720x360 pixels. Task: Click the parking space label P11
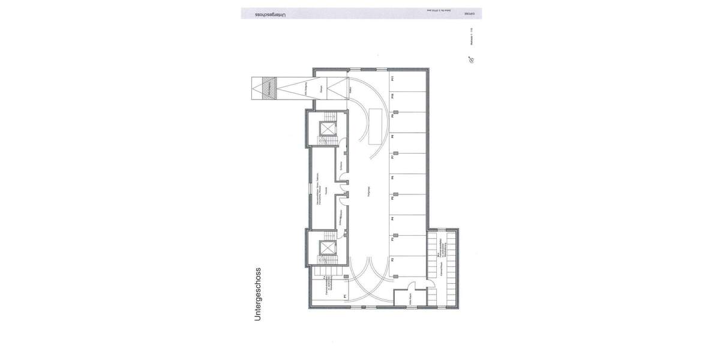coord(392,78)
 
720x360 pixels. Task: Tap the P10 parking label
coord(392,96)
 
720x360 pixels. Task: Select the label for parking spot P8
coord(392,137)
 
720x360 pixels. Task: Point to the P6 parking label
coord(392,178)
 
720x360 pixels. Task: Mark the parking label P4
coord(392,219)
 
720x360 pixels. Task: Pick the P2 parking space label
coord(392,260)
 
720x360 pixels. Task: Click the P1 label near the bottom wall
coord(344,296)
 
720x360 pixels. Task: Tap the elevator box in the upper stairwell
coord(328,129)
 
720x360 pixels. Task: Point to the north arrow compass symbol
coord(472,60)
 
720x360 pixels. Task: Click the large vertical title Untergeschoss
coord(258,294)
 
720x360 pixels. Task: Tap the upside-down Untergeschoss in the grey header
coord(271,13)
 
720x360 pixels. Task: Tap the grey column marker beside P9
coord(397,112)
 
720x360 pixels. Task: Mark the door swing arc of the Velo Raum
coord(412,286)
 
